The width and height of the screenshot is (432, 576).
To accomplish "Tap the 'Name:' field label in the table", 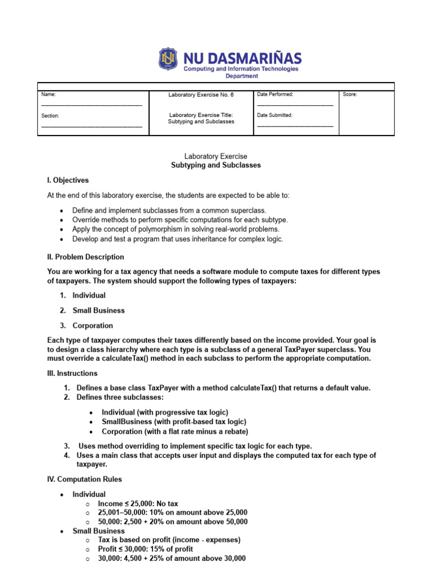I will tap(48, 94).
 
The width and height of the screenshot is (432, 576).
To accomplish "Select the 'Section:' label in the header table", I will tap(50, 115).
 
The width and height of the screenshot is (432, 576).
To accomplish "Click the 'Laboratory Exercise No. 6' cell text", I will tap(201, 94).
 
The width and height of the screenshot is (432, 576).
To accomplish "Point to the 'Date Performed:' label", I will tap(275, 94).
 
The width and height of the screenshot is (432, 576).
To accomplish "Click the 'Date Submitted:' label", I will tap(274, 115).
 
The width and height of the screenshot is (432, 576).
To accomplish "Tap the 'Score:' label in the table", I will tap(350, 94).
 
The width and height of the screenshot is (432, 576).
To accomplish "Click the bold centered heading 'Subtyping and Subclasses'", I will tap(216, 165).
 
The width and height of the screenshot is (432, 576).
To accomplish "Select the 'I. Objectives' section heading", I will tap(68, 181).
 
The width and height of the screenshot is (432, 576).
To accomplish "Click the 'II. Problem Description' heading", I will tap(85, 257).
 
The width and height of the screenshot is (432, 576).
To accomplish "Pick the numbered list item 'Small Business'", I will tap(98, 310).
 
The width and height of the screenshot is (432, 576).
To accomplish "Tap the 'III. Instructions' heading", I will tap(72, 373).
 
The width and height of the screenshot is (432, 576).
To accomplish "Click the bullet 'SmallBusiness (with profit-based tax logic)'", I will tap(174, 421).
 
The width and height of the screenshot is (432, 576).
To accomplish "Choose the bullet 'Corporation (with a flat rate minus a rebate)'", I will tap(175, 431).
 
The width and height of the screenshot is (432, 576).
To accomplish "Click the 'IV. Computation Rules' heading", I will tap(84, 479).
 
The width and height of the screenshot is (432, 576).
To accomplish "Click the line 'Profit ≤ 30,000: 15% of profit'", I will tap(145, 549).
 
